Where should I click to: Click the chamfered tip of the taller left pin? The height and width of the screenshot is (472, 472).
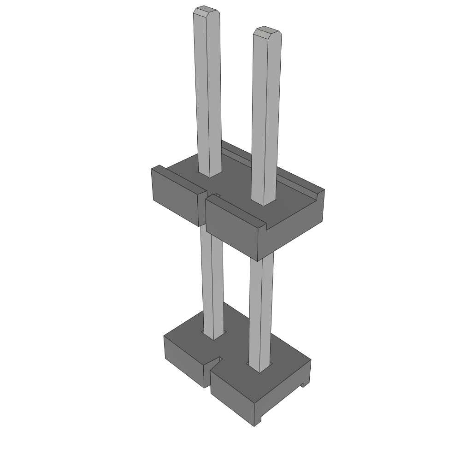tap(206, 10)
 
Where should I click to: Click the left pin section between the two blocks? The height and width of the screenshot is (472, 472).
tap(212, 277)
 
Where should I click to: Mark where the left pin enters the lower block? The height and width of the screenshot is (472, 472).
tap(213, 336)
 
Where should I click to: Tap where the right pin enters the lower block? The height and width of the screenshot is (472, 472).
tap(259, 368)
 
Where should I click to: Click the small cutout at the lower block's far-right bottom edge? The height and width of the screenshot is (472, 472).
tap(304, 383)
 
